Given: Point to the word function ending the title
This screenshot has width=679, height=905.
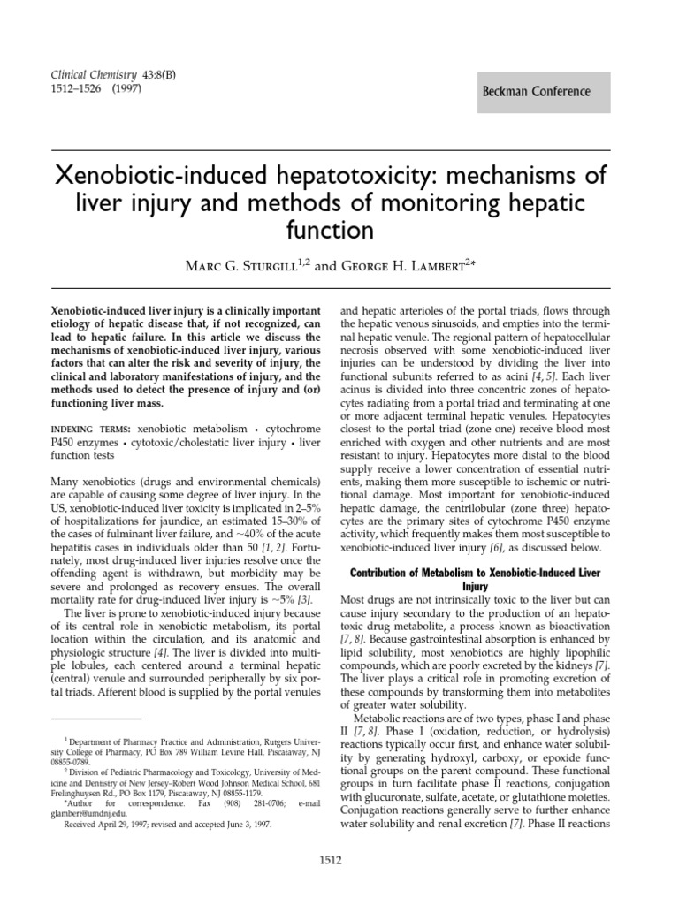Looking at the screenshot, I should (x=339, y=232).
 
